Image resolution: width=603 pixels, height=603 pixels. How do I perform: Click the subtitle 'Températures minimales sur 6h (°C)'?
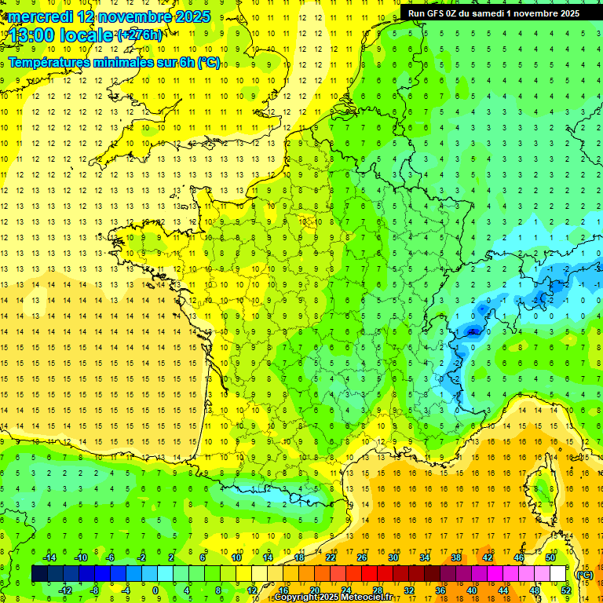(114, 63)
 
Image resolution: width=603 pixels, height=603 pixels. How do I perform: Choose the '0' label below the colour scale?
(155, 590)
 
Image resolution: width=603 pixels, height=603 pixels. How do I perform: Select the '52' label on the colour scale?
(566, 590)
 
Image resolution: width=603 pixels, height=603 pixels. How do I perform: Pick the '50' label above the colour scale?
(550, 557)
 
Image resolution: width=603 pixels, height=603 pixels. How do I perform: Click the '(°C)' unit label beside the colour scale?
(585, 574)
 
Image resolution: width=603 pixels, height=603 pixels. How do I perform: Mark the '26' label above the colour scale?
(362, 557)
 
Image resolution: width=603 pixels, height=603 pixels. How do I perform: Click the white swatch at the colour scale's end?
(558, 574)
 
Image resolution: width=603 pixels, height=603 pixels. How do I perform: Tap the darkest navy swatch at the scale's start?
(39, 574)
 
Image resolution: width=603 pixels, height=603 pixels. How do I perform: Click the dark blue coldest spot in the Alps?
(473, 331)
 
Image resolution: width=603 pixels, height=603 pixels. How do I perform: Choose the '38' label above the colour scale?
(456, 557)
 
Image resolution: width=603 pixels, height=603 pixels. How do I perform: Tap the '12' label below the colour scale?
(252, 590)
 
